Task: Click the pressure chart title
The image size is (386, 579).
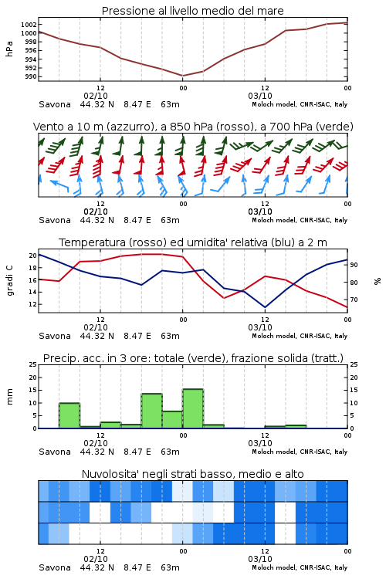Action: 192,11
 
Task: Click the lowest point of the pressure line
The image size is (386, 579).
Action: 182,76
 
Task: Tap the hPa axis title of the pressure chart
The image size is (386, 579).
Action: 9,49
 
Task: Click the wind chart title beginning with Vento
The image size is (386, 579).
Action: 193,127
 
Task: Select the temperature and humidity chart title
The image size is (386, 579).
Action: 193,242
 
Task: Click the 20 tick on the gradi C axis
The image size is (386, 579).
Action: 33,256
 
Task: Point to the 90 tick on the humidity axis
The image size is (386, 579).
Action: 354,265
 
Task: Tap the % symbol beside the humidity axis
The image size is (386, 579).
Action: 378,281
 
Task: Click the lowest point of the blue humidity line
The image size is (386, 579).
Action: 265,307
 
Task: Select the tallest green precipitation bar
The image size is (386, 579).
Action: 193,408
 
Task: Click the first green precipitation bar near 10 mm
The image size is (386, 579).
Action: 69,415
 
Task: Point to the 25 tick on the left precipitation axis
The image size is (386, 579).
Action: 33,364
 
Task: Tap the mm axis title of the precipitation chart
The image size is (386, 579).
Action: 9,397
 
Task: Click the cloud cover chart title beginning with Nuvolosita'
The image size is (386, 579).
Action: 192,474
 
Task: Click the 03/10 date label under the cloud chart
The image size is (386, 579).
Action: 260,559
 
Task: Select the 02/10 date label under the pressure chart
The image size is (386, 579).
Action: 96,96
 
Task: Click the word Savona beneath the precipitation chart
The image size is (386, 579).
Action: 55,452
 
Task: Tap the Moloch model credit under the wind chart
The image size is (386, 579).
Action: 300,220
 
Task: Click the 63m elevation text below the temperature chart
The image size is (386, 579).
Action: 170,336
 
